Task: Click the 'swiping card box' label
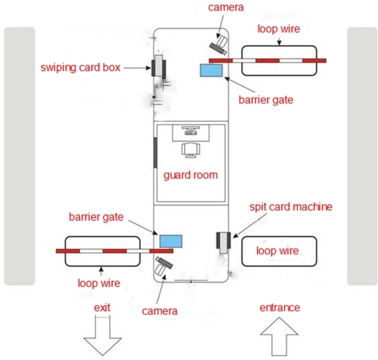(x=80, y=67)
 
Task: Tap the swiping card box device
(x=159, y=66)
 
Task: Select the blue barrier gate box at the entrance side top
(x=211, y=70)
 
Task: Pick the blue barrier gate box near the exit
(x=170, y=241)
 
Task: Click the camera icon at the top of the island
(x=218, y=45)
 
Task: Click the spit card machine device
(x=224, y=243)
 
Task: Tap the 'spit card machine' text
(x=291, y=207)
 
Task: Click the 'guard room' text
(x=191, y=176)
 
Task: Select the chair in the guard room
(x=191, y=150)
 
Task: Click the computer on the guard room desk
(x=191, y=130)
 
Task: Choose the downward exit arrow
(x=103, y=335)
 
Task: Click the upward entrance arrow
(x=279, y=337)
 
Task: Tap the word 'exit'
(x=102, y=308)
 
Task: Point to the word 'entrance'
(x=280, y=308)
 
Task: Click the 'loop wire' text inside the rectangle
(x=277, y=251)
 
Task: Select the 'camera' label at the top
(x=226, y=7)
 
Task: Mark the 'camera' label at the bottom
(x=160, y=311)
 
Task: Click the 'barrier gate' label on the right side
(x=266, y=100)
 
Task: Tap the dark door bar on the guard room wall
(x=155, y=152)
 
